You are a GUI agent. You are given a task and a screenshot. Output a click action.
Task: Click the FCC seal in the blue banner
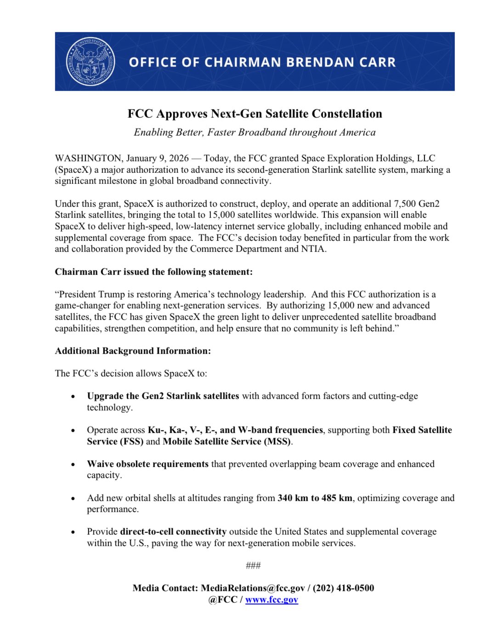point(91,62)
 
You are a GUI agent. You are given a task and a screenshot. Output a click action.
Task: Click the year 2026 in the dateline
point(179,158)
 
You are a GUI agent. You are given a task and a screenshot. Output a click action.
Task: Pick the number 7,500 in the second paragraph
point(405,204)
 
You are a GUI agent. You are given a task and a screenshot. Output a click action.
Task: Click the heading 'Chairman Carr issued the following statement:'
point(153,272)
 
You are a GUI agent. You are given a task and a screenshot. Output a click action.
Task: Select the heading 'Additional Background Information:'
point(133,351)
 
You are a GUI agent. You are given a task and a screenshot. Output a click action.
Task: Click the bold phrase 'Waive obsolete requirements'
point(147,464)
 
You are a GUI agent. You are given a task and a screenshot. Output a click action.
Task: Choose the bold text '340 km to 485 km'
point(315,498)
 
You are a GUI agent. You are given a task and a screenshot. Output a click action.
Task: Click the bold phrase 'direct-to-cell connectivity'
point(173,531)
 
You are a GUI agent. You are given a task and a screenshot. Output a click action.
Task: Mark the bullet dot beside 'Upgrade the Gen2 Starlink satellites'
point(73,396)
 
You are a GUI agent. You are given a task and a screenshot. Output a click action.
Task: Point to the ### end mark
point(253,565)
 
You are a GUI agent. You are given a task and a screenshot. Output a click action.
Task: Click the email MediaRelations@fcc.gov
point(253,588)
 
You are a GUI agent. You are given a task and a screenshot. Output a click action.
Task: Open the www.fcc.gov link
point(272,600)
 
